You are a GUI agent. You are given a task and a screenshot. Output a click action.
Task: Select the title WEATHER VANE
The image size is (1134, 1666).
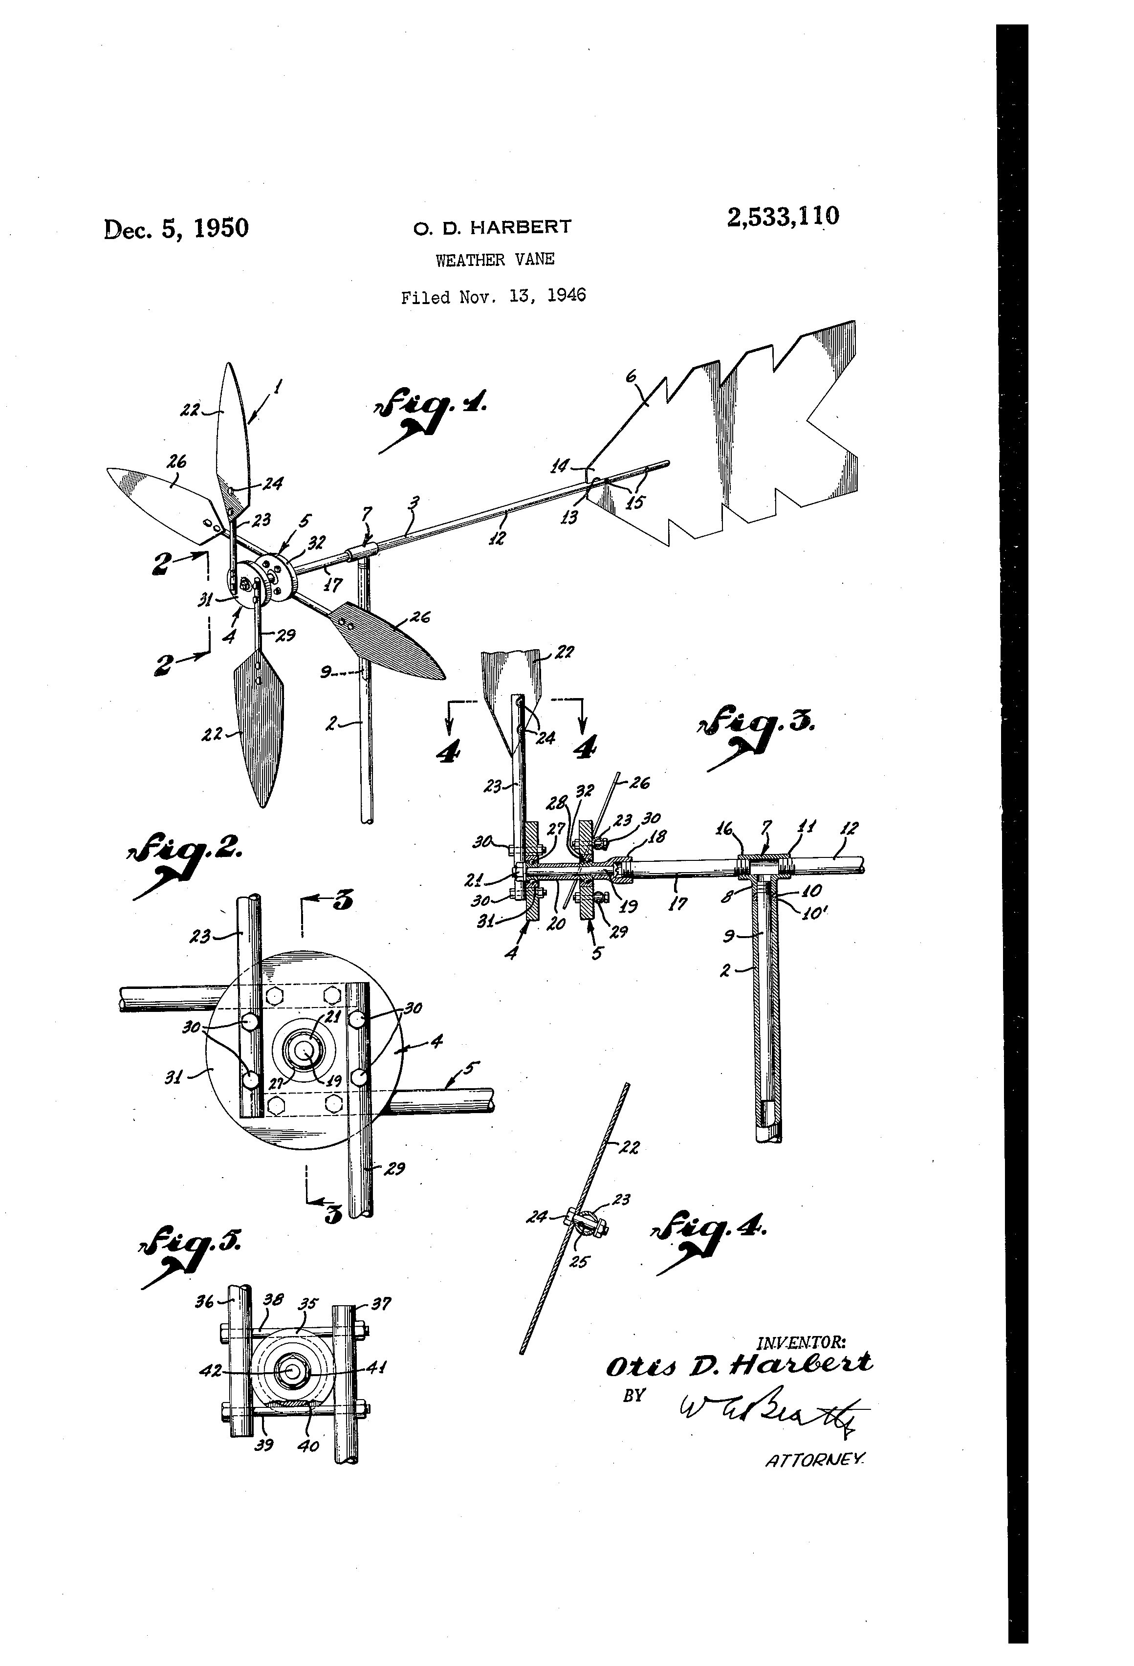click(x=495, y=260)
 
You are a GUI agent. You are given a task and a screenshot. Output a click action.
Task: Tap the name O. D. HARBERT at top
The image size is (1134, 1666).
click(x=492, y=227)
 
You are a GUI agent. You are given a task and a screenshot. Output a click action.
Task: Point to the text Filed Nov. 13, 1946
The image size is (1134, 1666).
click(x=493, y=296)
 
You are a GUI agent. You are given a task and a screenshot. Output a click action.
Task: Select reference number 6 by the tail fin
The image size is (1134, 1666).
click(x=631, y=375)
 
